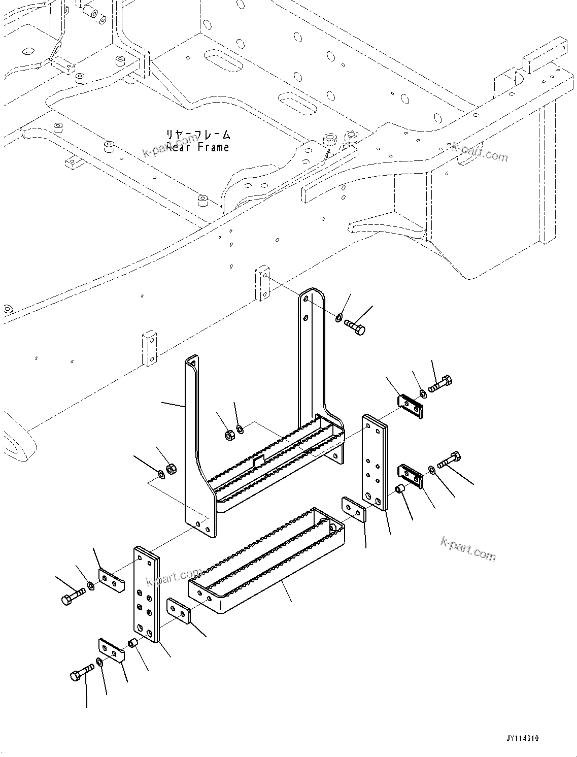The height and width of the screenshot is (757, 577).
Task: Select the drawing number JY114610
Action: coord(522,738)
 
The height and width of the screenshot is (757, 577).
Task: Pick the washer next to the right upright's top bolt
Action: coord(338,318)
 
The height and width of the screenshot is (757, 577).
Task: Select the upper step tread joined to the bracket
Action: coord(277,457)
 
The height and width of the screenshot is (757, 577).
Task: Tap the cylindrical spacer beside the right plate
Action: coord(399,489)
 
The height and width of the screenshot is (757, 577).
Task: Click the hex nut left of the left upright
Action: coord(171,469)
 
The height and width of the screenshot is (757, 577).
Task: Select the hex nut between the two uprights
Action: coord(229,435)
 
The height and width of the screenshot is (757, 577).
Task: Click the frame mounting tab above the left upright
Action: coord(149,348)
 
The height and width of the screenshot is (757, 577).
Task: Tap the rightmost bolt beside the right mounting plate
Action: coord(449,460)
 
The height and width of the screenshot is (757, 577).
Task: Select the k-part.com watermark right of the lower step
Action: coord(468,549)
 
